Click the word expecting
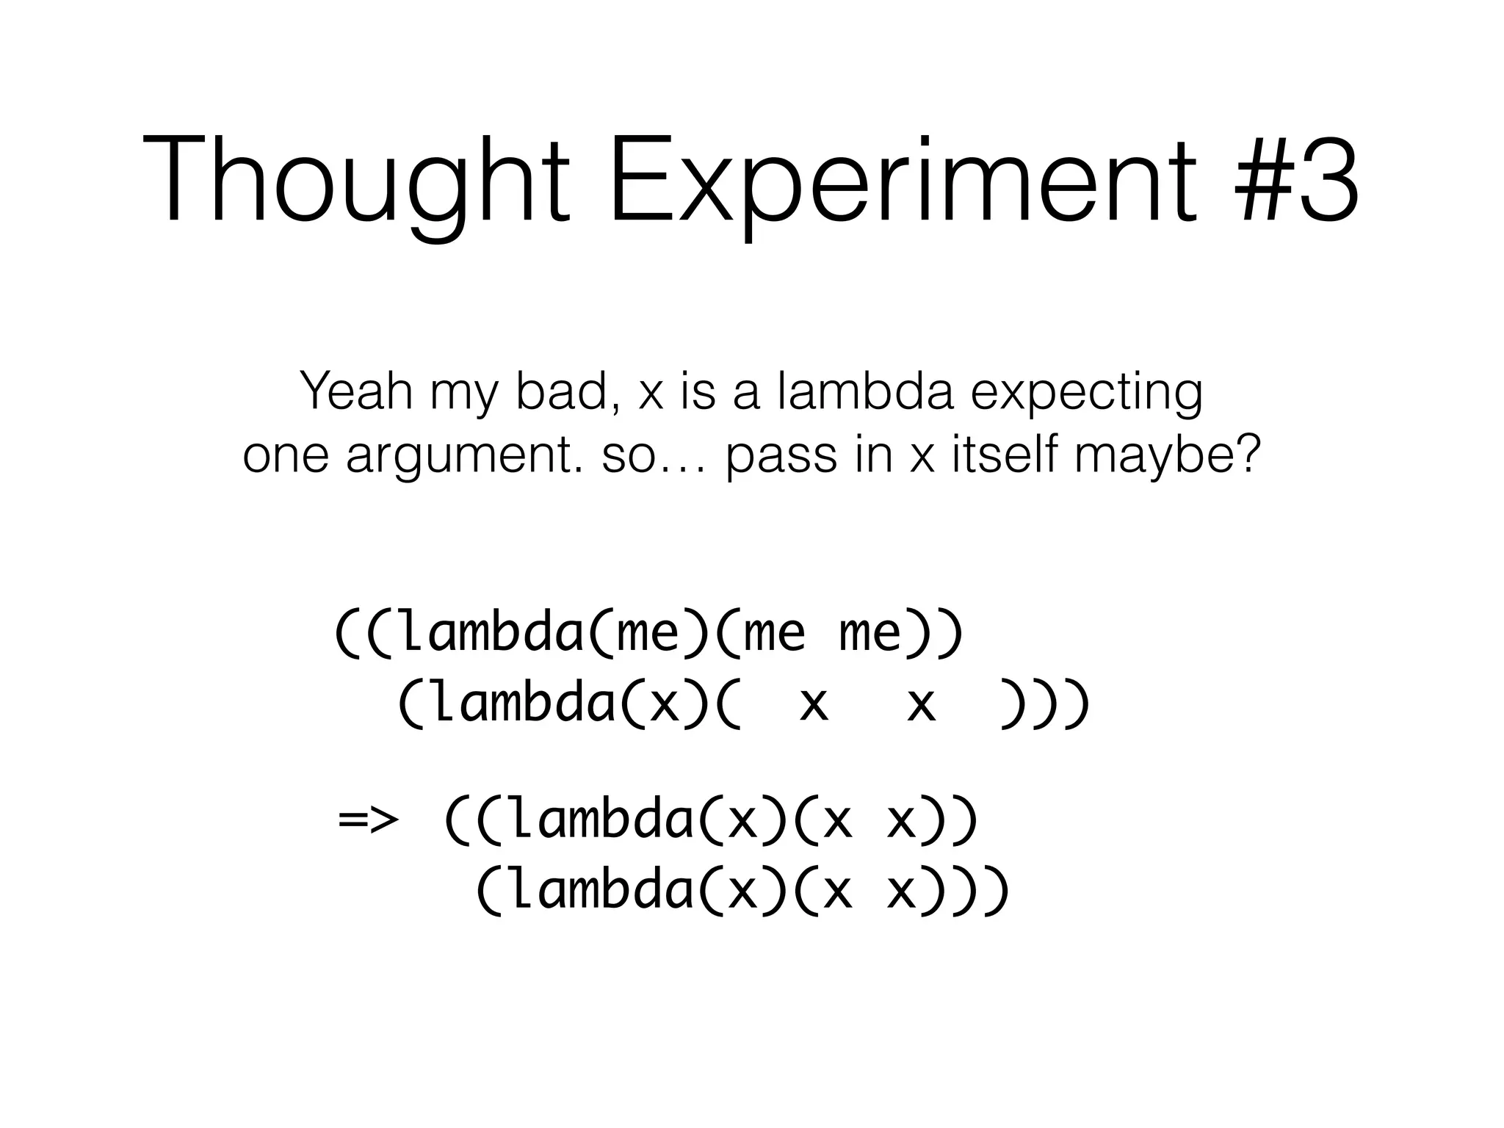tap(1087, 395)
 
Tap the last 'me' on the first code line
tap(869, 633)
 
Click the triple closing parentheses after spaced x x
tap(1044, 705)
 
